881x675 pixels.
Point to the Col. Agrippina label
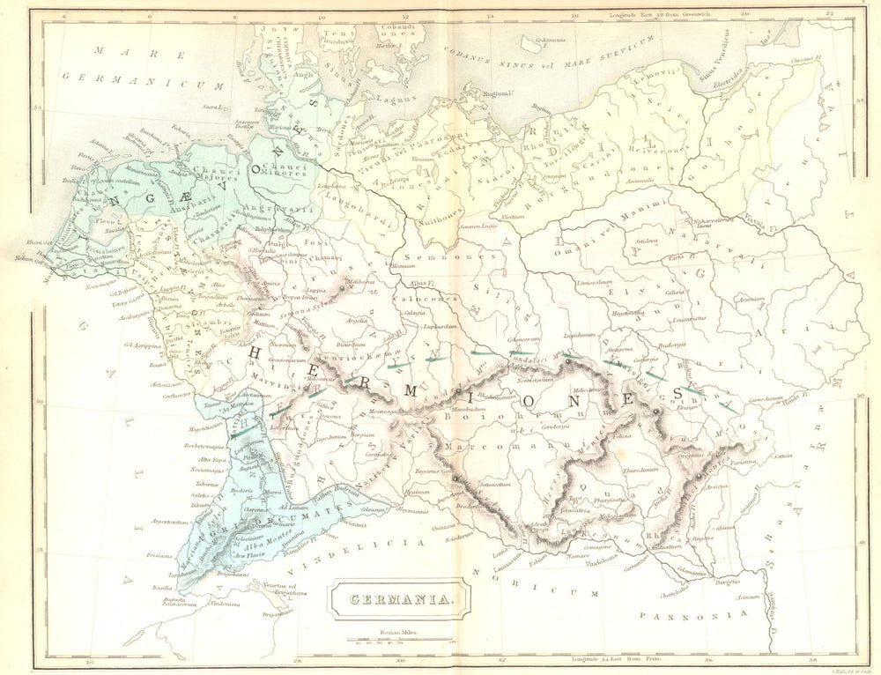point(139,345)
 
